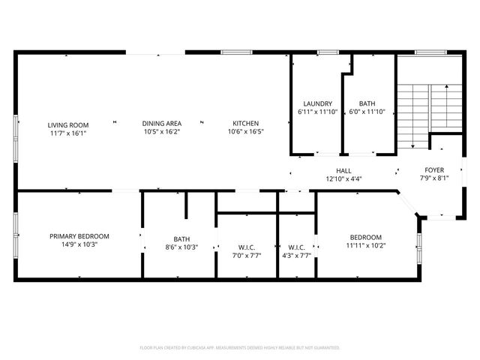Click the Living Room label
[x=68, y=124]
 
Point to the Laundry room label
[x=317, y=103]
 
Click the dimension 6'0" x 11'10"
[x=367, y=112]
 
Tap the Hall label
[x=344, y=171]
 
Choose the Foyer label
[x=434, y=170]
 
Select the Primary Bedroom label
[x=79, y=236]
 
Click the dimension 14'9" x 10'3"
[x=79, y=244]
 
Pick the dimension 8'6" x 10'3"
[x=181, y=247]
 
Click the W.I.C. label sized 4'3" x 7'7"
[x=296, y=247]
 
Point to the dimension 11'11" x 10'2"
[x=364, y=244]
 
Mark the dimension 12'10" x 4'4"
[x=344, y=179]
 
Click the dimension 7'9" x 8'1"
[x=434, y=178]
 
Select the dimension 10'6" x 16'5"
[x=245, y=133]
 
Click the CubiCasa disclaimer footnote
[x=240, y=348]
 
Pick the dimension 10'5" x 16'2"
[x=162, y=133]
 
